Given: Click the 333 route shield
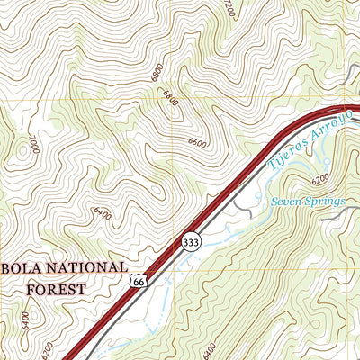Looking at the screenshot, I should click(190, 242).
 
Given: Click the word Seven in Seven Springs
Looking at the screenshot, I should click(286, 201).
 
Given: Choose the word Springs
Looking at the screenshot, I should click(326, 201).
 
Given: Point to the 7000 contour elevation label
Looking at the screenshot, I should click(33, 143).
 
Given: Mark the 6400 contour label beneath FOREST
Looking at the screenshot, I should click(25, 321).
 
